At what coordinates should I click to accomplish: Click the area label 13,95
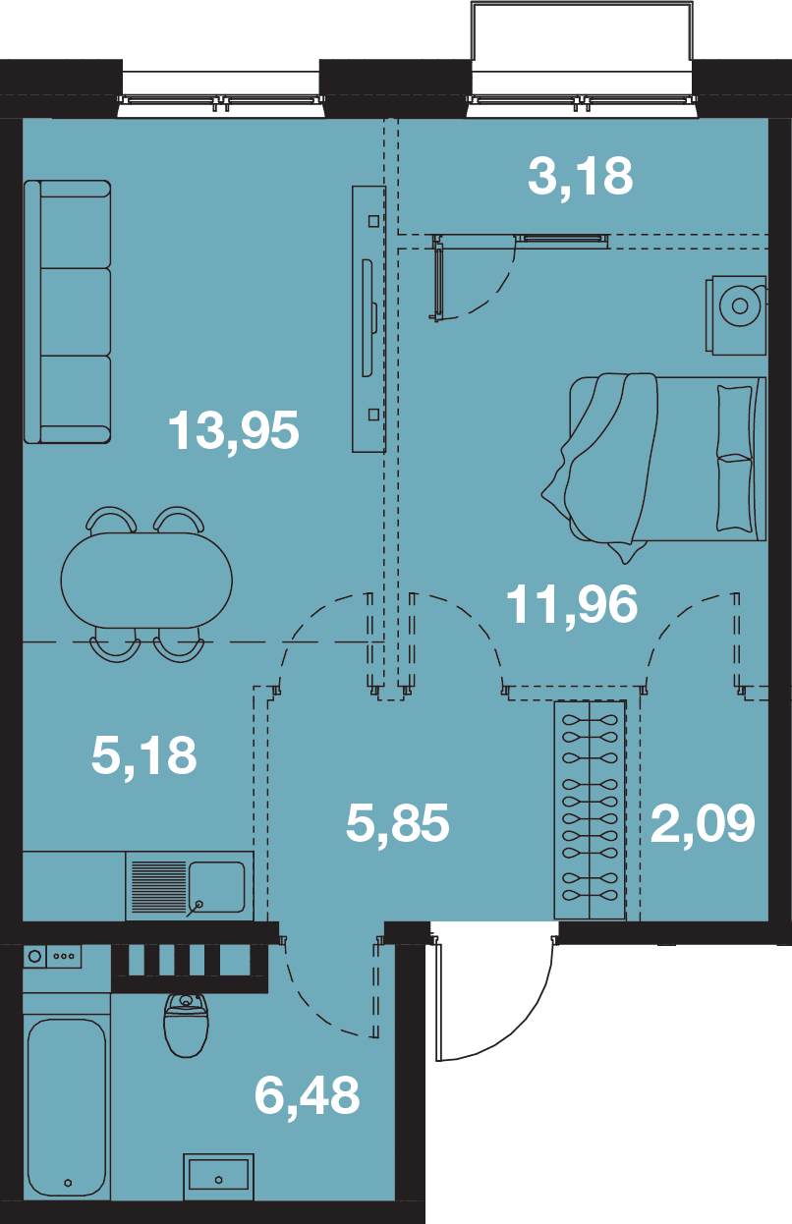[234, 432]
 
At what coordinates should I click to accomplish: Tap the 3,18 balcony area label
[581, 177]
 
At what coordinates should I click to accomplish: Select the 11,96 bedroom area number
[572, 604]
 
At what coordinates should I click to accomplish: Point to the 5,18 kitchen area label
[143, 756]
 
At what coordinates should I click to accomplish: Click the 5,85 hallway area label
[397, 823]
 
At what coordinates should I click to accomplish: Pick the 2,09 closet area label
[703, 823]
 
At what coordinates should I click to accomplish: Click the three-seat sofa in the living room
[67, 311]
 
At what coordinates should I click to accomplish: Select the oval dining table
[146, 581]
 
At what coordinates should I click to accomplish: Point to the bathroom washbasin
[218, 1175]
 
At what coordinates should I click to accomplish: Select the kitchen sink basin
[217, 887]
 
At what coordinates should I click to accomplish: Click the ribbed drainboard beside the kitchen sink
[158, 887]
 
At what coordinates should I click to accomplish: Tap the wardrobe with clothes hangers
[590, 809]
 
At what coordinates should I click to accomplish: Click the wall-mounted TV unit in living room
[368, 319]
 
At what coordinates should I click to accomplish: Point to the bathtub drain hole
[68, 1183]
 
